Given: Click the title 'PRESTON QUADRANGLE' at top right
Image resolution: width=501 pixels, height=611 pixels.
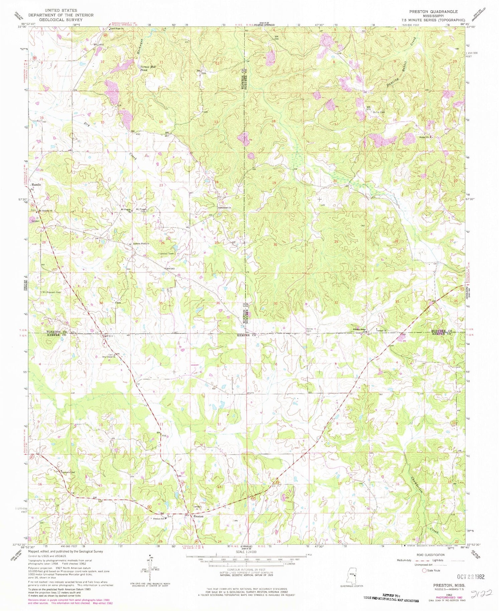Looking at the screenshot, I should click(434, 11).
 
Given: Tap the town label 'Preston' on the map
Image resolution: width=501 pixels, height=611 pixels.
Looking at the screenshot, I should click(199, 516).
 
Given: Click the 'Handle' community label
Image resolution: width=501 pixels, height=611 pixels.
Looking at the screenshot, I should click(36, 185).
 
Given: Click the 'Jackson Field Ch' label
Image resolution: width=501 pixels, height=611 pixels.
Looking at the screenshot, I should click(141, 243).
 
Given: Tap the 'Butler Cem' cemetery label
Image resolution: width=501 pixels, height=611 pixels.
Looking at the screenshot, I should click(379, 112).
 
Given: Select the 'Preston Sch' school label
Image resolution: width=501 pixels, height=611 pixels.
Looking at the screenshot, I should click(158, 519).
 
